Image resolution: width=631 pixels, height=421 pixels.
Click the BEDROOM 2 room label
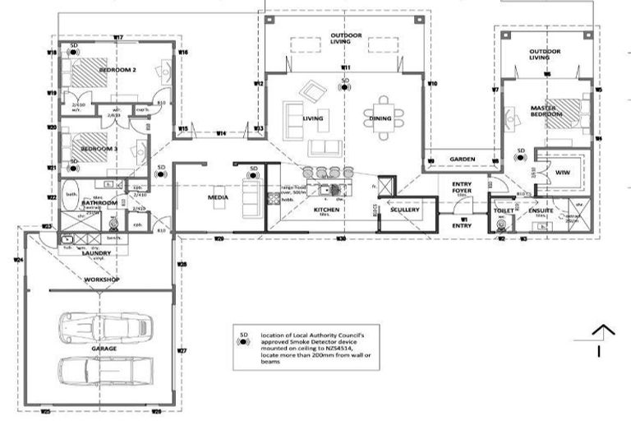pyautogui.click(x=117, y=70)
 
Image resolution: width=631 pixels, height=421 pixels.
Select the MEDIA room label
pyautogui.click(x=218, y=197)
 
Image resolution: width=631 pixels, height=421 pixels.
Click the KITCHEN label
pyautogui.click(x=326, y=210)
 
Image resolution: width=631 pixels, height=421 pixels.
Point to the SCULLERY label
pyautogui.click(x=405, y=210)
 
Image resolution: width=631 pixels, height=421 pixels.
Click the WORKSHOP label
pyautogui.click(x=102, y=280)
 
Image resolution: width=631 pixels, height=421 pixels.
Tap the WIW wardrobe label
pyautogui.click(x=562, y=173)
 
